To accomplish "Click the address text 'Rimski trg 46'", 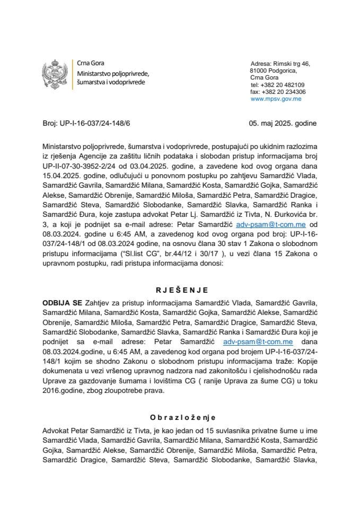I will [291, 64].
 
